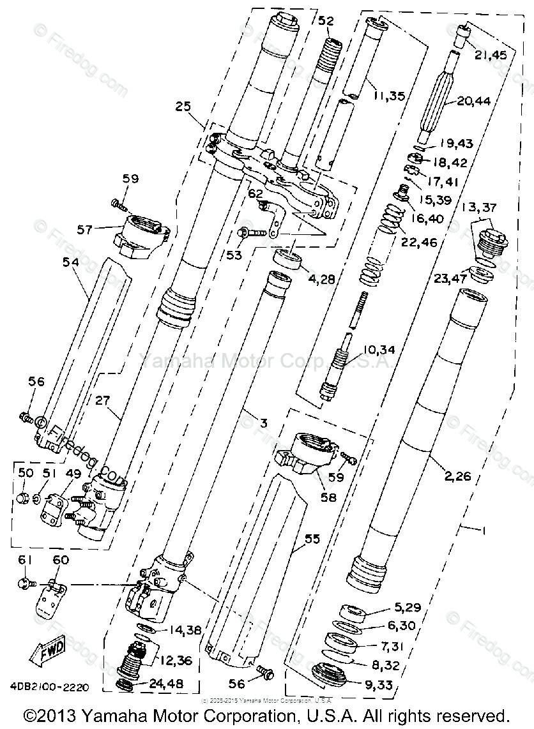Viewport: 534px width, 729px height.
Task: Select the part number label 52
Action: (x=326, y=21)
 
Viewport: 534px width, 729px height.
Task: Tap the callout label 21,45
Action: (x=491, y=55)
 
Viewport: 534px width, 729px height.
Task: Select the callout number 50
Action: (x=25, y=473)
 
